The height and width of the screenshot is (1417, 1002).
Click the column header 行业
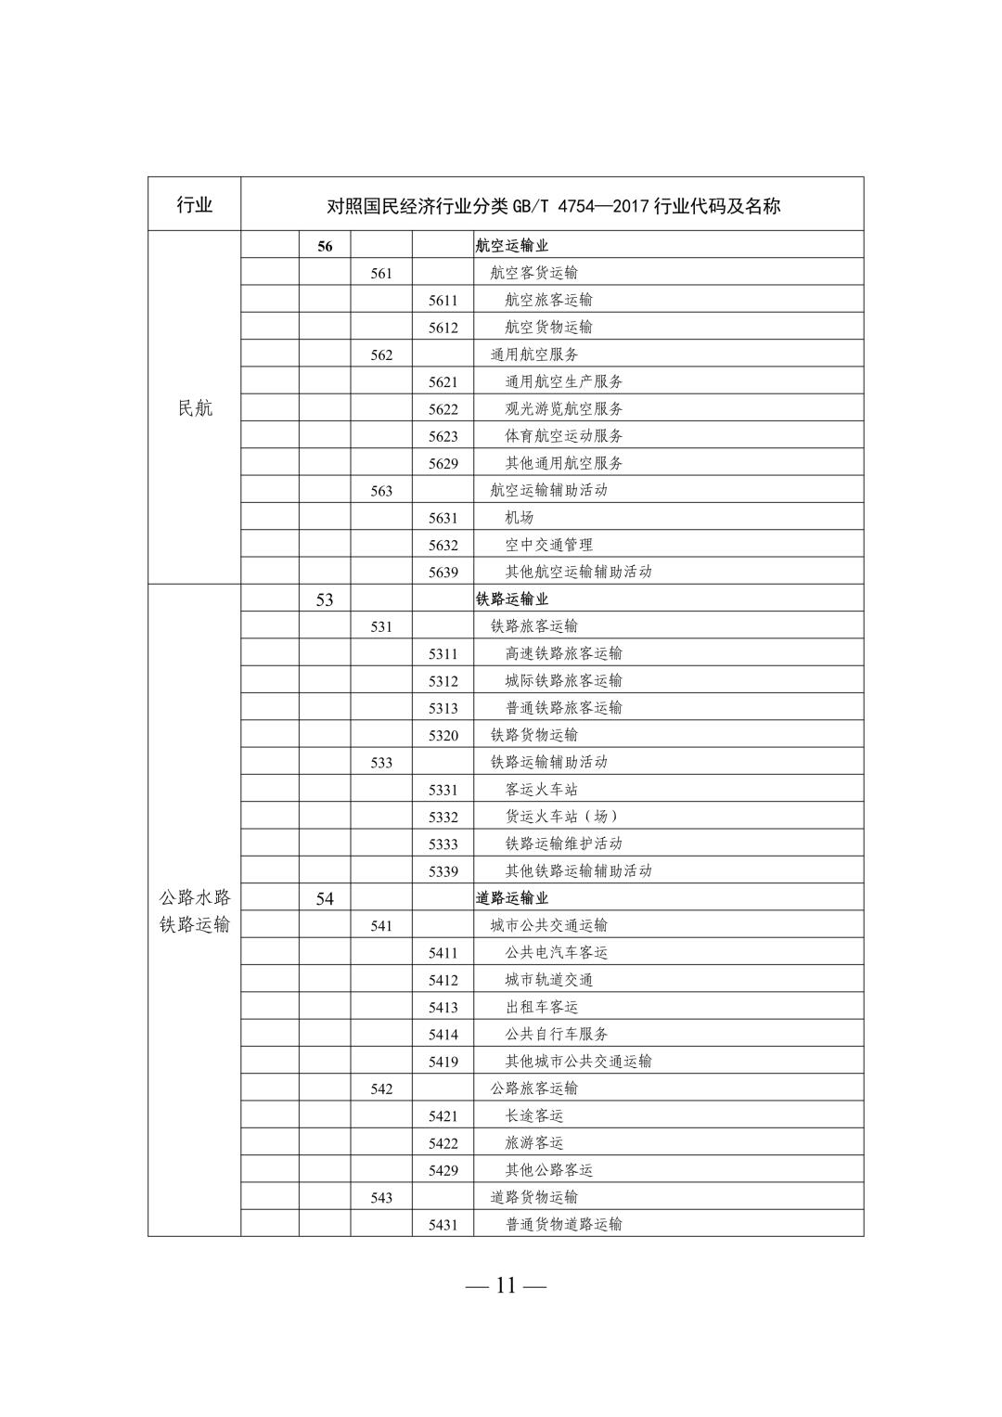coord(194,205)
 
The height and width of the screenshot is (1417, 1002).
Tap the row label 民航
coord(194,408)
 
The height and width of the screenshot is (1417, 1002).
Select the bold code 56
coord(325,246)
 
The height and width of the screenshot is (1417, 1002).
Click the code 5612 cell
coord(443,328)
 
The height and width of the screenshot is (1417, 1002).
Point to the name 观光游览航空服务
coord(563,408)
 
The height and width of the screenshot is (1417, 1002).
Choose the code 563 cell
coord(381,491)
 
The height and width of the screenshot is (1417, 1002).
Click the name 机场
coord(519,518)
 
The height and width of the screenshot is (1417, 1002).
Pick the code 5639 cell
coord(443,573)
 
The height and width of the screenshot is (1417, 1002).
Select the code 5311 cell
coord(443,654)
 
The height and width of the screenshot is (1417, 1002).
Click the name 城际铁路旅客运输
coord(563,680)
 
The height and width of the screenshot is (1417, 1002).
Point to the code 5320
coord(443,736)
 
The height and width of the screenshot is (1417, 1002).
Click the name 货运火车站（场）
coord(561,817)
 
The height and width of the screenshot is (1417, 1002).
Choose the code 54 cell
coord(325,898)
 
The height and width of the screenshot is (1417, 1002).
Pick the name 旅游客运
coord(533,1143)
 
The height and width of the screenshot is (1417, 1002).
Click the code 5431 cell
coord(443,1225)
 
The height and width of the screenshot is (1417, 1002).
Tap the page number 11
coord(506,1285)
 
